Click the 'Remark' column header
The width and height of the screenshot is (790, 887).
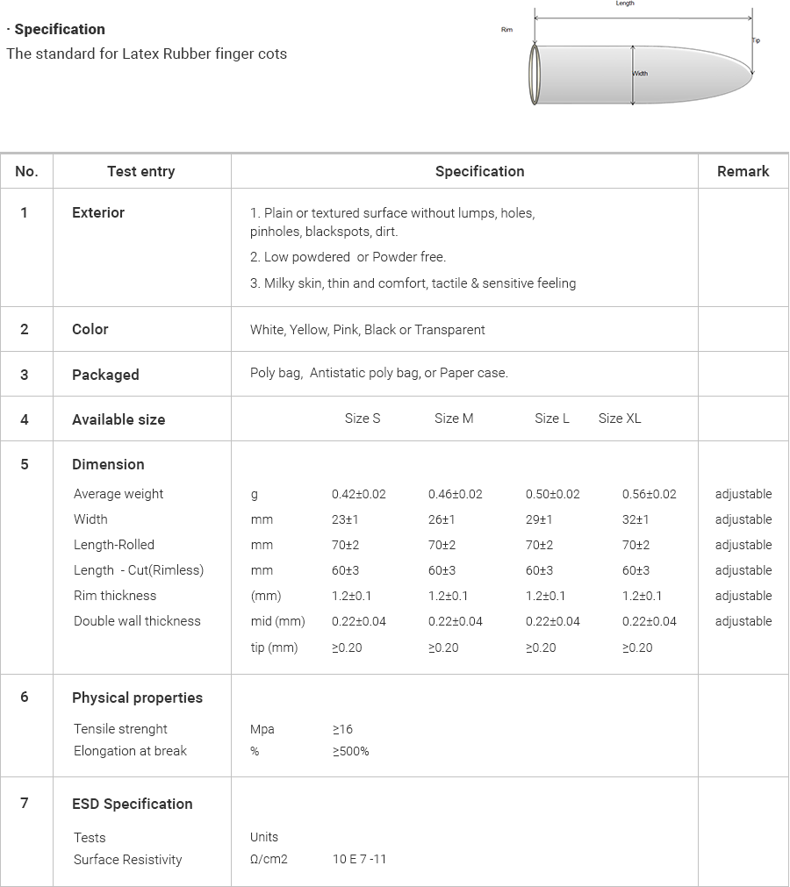point(743,171)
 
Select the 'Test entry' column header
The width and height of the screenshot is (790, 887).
point(140,171)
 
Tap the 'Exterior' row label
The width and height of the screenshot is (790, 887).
point(98,212)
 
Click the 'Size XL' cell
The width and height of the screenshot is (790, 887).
point(620,418)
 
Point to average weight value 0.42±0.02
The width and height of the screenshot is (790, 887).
point(358,494)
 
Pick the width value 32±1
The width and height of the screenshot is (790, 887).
point(636,519)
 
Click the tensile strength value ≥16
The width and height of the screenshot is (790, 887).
point(342,729)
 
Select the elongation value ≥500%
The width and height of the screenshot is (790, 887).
point(350,751)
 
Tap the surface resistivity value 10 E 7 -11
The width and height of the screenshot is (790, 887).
point(359,859)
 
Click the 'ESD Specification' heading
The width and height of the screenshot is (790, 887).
point(132,804)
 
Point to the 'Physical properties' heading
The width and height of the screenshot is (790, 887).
point(137,697)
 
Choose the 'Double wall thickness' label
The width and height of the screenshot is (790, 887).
point(137,621)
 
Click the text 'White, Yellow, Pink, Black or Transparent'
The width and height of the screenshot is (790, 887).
point(367,330)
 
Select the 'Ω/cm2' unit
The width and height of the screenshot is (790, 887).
point(269,859)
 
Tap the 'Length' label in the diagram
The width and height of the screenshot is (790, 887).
point(625,4)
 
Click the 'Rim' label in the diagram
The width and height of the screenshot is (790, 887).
point(506,31)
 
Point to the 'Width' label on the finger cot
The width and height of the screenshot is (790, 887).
point(641,74)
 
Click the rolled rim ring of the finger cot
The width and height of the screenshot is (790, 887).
point(535,75)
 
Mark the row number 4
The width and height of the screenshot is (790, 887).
point(25,419)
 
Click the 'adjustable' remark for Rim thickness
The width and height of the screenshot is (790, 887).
point(743,596)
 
